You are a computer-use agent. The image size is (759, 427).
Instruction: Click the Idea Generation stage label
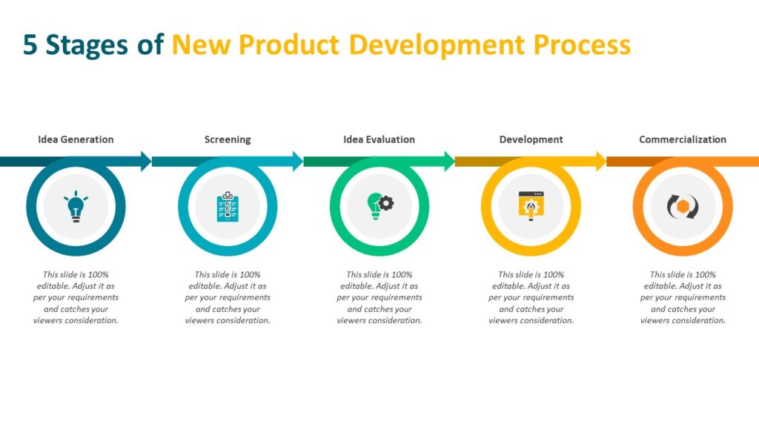(76, 139)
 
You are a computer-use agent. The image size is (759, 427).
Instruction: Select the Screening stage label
(228, 139)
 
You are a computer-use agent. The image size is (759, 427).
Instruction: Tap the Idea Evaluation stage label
(379, 139)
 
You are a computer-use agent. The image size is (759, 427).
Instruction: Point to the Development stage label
(531, 139)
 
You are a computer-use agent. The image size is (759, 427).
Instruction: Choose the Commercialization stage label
(683, 139)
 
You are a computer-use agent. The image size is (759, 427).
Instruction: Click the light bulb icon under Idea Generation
(76, 207)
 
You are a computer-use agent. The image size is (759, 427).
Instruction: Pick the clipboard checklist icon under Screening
(228, 207)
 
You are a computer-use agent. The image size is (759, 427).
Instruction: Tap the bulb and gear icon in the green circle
(379, 205)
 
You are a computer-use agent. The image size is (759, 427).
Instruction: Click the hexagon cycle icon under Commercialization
(683, 207)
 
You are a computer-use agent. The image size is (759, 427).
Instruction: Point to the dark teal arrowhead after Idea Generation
(145, 161)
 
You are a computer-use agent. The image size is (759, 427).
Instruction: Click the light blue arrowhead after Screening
(297, 161)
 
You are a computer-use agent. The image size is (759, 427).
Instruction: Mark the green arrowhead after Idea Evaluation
(449, 161)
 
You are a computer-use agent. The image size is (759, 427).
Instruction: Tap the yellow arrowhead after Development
(600, 161)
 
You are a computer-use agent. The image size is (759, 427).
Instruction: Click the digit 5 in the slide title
(30, 45)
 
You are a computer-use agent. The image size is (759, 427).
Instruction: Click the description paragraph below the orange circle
(683, 297)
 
